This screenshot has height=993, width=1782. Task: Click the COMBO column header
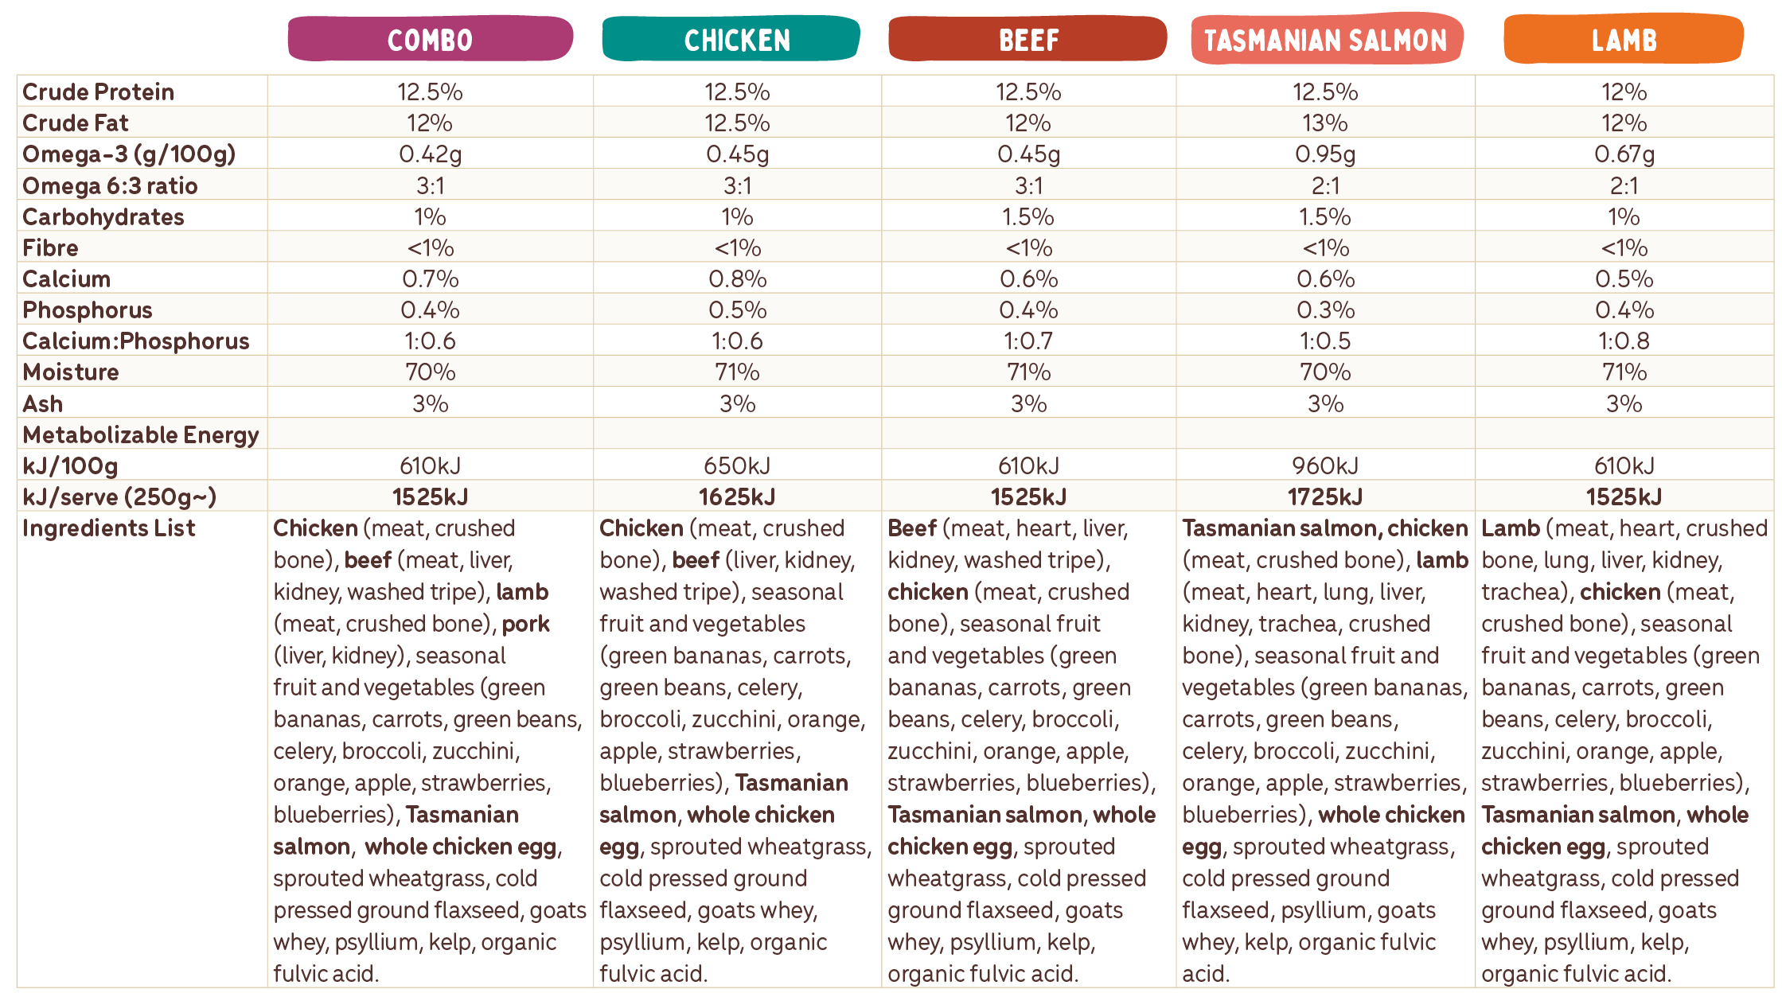pyautogui.click(x=430, y=40)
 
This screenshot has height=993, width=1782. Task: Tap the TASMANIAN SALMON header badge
pyautogui.click(x=1325, y=40)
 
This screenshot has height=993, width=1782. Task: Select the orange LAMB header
pyautogui.click(x=1624, y=40)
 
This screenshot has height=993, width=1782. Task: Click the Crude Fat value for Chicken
pyautogui.click(x=737, y=123)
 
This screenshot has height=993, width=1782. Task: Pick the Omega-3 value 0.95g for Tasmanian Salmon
pyautogui.click(x=1325, y=154)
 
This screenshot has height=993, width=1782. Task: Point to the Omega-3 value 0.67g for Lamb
pyautogui.click(x=1624, y=154)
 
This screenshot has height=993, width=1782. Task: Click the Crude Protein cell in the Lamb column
pyautogui.click(x=1624, y=92)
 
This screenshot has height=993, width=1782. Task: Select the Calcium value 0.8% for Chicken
pyautogui.click(x=737, y=279)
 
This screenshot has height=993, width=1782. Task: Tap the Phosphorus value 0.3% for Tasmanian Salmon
pyautogui.click(x=1325, y=310)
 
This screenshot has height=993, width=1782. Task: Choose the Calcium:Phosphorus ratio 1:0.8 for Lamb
pyautogui.click(x=1624, y=341)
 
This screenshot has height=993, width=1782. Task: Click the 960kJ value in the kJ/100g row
pyautogui.click(x=1325, y=466)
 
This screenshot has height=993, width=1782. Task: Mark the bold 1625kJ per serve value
pyautogui.click(x=737, y=497)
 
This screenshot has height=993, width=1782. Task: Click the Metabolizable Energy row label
pyautogui.click(x=141, y=435)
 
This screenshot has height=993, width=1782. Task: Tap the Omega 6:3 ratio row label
pyautogui.click(x=110, y=186)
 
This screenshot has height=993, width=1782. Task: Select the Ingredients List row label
pyautogui.click(x=109, y=528)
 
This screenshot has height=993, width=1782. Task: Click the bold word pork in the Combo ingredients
pyautogui.click(x=525, y=624)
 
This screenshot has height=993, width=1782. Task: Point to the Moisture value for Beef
pyautogui.click(x=1028, y=372)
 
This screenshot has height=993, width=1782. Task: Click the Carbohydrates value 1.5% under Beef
pyautogui.click(x=1028, y=217)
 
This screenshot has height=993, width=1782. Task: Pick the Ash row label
pyautogui.click(x=43, y=404)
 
